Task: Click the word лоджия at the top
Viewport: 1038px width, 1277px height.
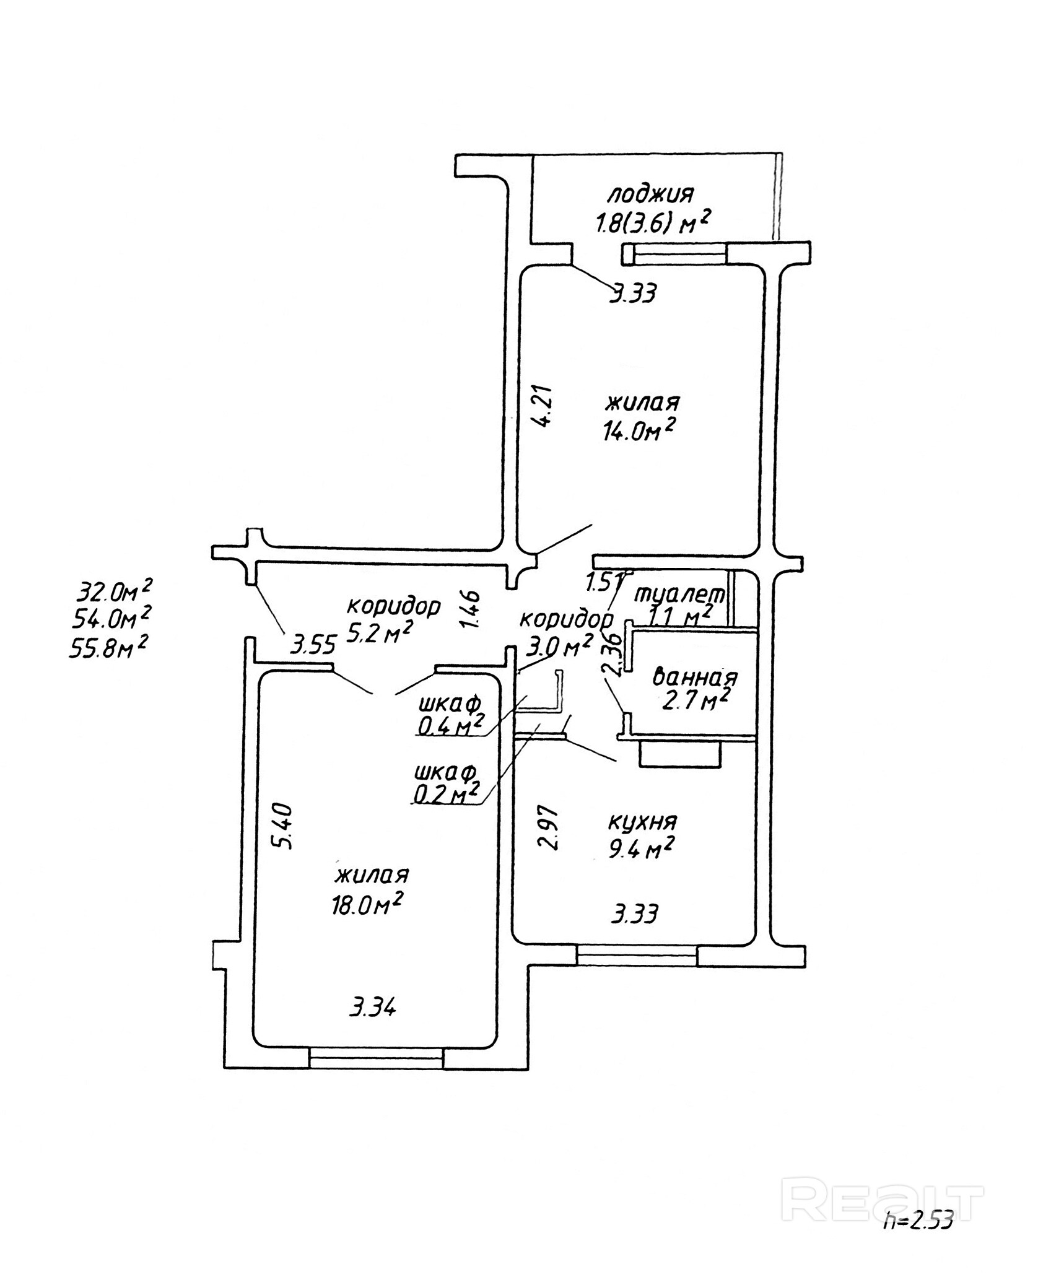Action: pos(650,195)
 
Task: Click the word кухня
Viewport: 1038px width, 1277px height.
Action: pos(642,822)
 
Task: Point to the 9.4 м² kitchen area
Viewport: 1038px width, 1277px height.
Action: pos(641,848)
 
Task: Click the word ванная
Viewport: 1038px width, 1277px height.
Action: pos(696,677)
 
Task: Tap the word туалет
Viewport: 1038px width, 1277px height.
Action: pos(679,594)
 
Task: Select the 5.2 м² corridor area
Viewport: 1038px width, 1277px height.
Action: pos(379,632)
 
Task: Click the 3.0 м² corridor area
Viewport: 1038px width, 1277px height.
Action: pos(559,645)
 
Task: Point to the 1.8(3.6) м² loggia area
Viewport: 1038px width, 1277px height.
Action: pos(652,222)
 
